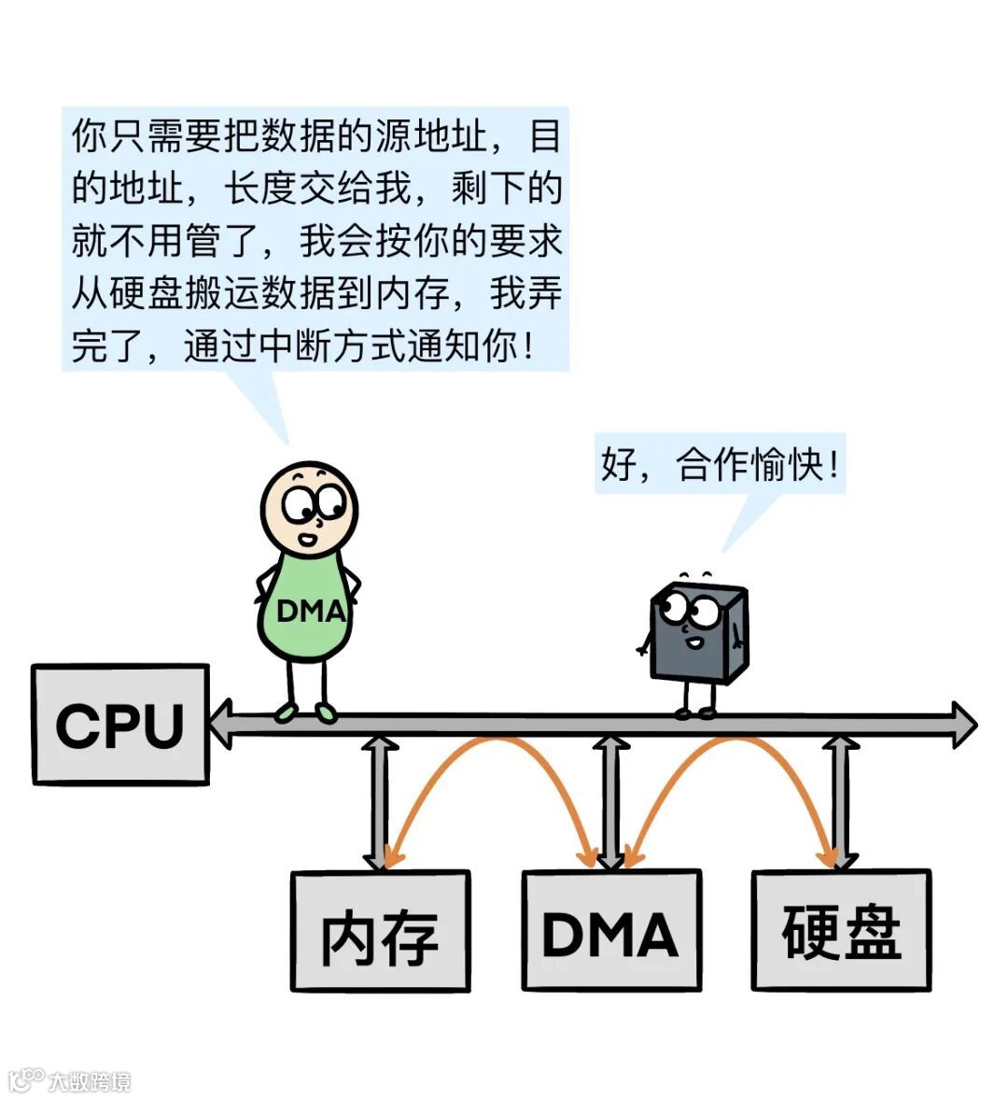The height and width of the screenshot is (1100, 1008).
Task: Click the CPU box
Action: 119,724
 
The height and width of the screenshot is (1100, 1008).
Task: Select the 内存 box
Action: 380,930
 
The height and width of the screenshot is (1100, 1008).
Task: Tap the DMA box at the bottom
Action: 610,930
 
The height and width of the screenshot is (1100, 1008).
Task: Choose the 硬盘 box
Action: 841,930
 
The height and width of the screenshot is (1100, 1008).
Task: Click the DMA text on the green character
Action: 311,612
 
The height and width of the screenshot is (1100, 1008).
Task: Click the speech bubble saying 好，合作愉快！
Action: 720,463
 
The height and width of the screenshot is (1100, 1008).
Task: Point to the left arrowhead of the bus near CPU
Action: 220,724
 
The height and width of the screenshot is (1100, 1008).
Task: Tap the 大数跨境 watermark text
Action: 90,1081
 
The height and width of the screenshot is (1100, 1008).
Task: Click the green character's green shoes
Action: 306,713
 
